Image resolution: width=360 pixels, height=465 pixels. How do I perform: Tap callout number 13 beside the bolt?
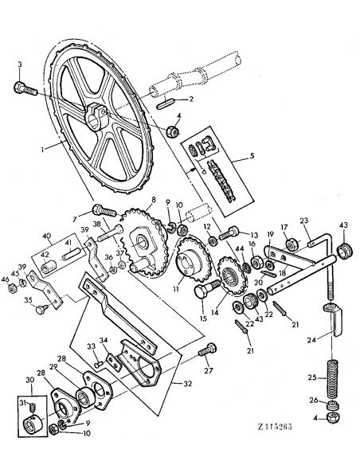coord(255,236)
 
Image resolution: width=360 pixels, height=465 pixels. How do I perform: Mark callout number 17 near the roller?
coord(284,228)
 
